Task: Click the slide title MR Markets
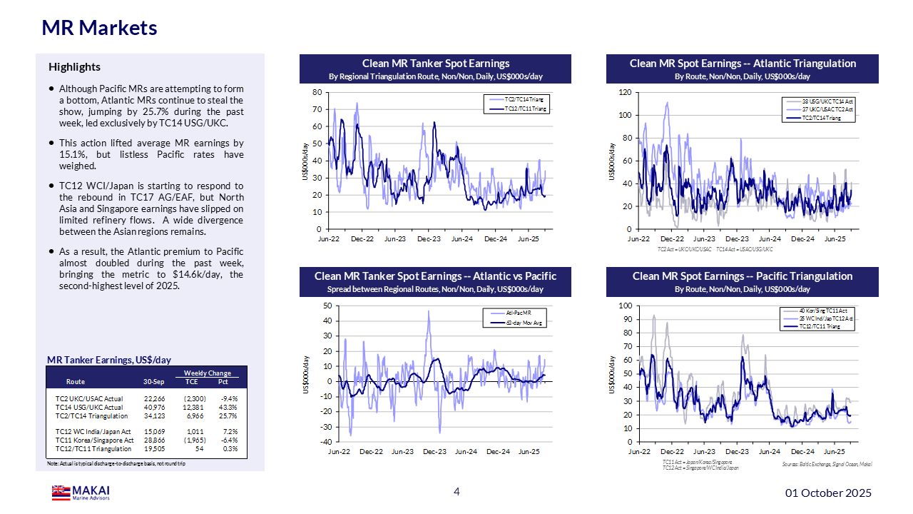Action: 99,28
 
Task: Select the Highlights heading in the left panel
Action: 74,67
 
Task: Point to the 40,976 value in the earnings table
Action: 154,408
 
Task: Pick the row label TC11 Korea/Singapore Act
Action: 95,440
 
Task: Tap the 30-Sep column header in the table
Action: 154,382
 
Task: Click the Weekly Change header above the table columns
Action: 207,373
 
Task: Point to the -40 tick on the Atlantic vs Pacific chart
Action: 325,442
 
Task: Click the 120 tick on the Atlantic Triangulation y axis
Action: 625,92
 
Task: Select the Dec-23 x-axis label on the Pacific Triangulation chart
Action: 737,452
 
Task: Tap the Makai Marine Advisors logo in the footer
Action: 81,493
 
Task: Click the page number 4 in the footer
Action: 456,491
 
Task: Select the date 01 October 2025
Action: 828,493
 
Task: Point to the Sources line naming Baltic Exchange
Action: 827,464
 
